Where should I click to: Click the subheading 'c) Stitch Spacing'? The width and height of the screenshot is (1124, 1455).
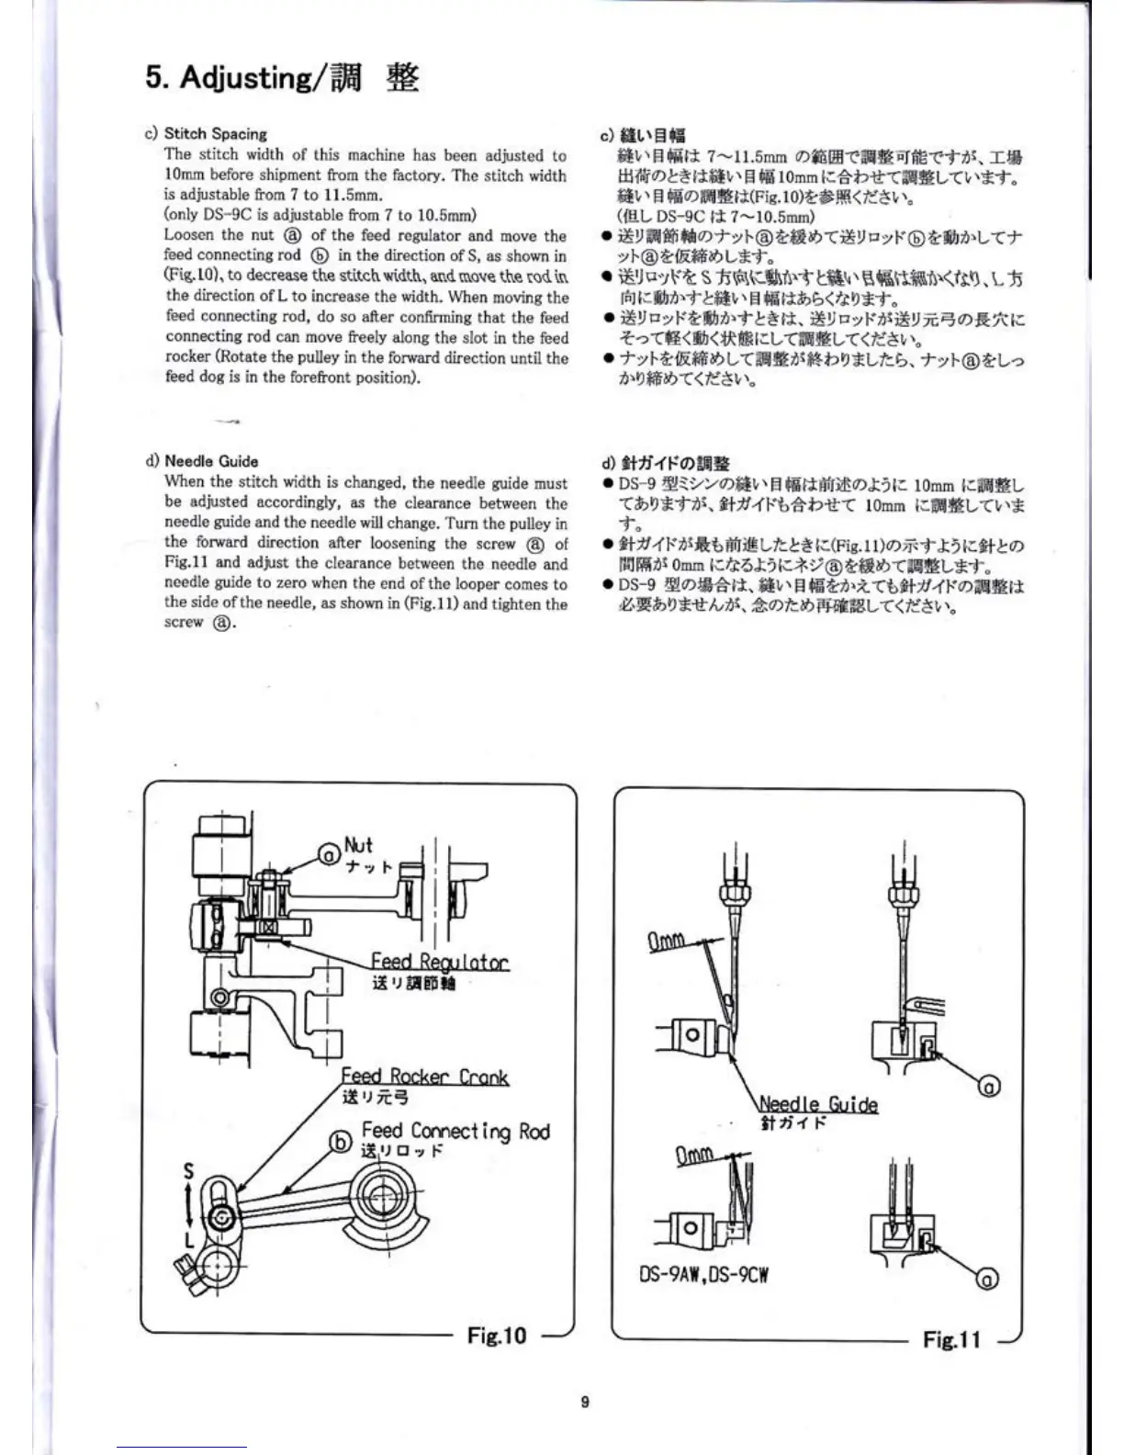click(x=207, y=134)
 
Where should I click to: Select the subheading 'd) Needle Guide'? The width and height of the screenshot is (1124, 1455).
click(x=202, y=461)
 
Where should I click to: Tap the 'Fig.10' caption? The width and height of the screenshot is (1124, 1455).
click(x=497, y=1335)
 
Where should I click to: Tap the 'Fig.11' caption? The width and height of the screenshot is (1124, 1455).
click(x=951, y=1339)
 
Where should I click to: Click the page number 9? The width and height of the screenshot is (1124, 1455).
click(x=585, y=1402)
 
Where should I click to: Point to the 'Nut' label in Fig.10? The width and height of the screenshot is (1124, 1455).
click(x=358, y=845)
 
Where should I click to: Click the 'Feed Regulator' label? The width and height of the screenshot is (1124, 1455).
click(x=439, y=962)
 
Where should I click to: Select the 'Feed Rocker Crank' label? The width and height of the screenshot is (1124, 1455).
click(x=424, y=1077)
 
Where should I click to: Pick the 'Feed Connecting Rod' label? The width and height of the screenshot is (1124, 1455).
click(x=455, y=1131)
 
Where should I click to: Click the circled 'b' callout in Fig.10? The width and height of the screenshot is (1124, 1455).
click(x=341, y=1141)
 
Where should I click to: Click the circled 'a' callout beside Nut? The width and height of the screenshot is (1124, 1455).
click(x=329, y=855)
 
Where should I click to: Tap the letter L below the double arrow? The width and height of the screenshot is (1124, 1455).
click(x=188, y=1240)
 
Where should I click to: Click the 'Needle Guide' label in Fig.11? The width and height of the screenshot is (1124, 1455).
click(x=818, y=1104)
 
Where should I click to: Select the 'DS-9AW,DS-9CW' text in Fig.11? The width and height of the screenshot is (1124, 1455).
click(x=702, y=1275)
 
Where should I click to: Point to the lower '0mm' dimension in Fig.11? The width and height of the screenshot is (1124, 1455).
click(x=695, y=1156)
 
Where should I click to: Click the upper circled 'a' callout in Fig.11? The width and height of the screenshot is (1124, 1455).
click(x=989, y=1087)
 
